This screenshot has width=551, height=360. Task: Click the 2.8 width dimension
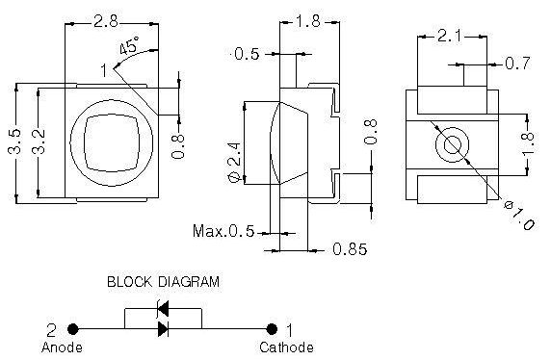click(x=106, y=22)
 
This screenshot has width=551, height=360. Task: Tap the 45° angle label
click(x=129, y=45)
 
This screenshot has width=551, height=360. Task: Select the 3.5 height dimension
click(x=14, y=141)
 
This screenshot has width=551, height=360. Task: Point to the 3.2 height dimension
click(x=38, y=141)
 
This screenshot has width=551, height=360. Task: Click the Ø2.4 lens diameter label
click(x=235, y=163)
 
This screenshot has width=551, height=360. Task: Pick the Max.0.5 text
click(x=223, y=231)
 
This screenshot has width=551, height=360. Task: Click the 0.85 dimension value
click(x=350, y=249)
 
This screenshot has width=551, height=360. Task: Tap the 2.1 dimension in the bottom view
click(x=450, y=37)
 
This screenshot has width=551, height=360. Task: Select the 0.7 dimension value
click(x=517, y=64)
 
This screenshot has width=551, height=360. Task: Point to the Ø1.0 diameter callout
click(x=519, y=216)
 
